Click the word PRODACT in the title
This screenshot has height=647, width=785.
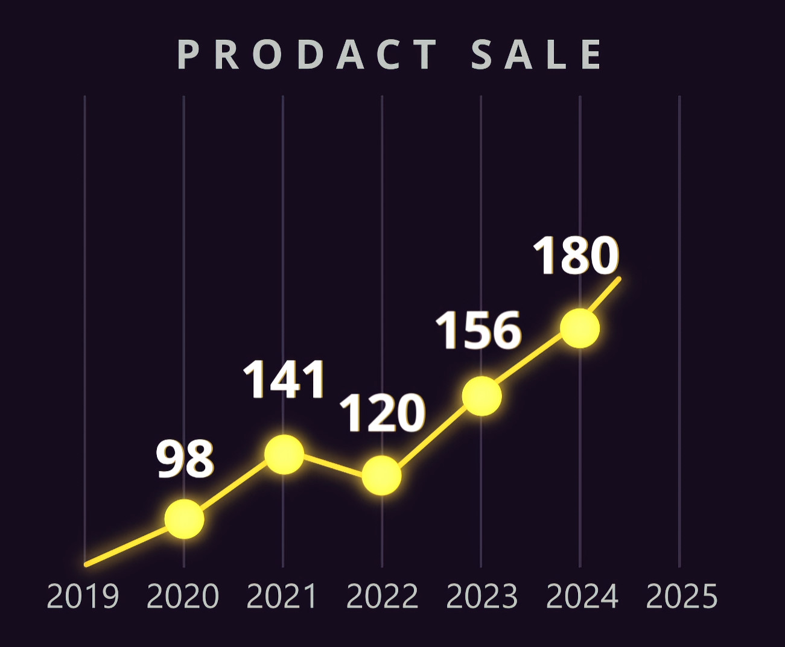point(308,55)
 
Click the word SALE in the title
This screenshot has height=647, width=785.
point(536,55)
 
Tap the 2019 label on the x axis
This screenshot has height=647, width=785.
point(83,596)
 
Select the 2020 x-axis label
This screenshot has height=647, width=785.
point(183,596)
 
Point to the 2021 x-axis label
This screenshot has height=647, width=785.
point(282,596)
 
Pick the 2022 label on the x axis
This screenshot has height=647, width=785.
point(383,596)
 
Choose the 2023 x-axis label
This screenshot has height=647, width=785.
point(482,596)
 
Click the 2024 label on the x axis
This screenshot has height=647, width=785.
point(582,596)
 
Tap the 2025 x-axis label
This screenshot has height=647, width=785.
point(682,596)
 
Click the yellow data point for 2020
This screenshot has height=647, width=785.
point(184,519)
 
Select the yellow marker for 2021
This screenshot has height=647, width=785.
point(284,454)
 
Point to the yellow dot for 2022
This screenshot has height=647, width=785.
point(382,475)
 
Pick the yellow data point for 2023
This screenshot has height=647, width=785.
point(481,396)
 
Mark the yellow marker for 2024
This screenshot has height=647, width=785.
point(580,329)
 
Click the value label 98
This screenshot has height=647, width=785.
point(185,459)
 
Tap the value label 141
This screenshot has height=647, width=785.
point(284,380)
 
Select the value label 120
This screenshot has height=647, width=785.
point(383,414)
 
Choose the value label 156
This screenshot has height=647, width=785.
point(478,331)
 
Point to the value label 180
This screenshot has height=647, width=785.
point(576,256)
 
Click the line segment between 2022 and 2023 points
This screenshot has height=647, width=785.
point(432,435)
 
